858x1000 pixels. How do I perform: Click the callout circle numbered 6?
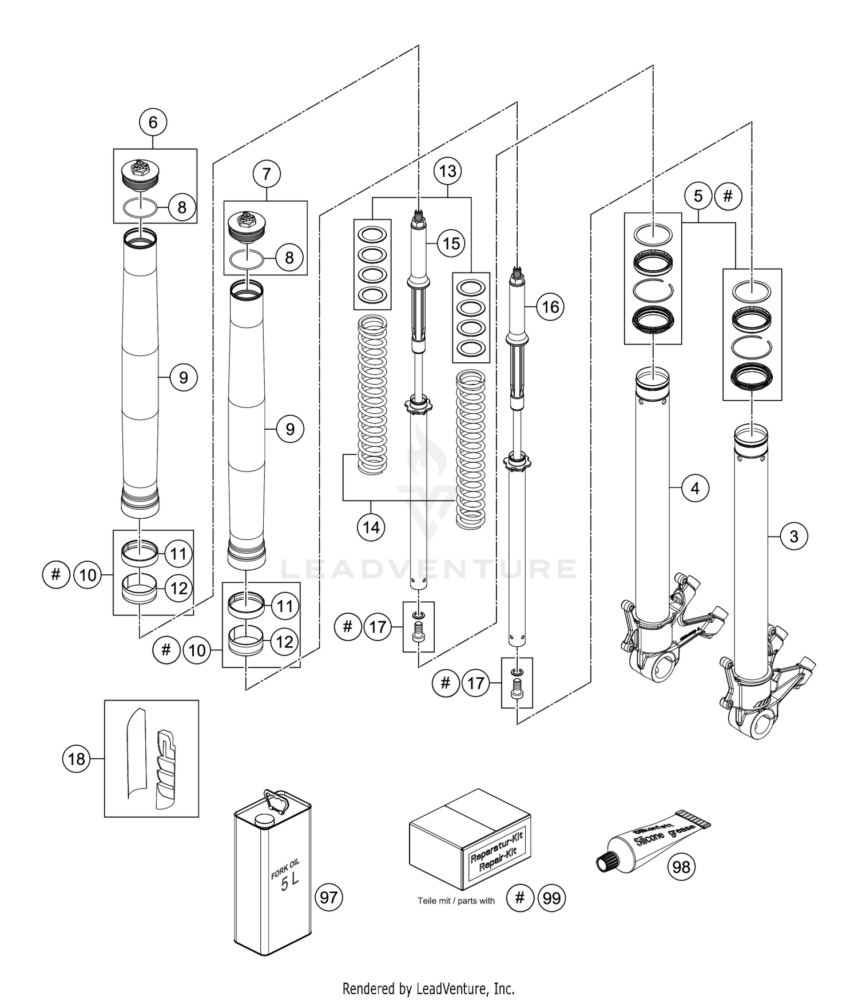pyautogui.click(x=153, y=122)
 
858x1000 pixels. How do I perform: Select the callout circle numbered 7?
pyautogui.click(x=267, y=174)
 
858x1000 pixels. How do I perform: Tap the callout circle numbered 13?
pyautogui.click(x=448, y=171)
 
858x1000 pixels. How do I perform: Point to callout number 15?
pyautogui.click(x=451, y=243)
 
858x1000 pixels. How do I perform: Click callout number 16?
pyautogui.click(x=550, y=307)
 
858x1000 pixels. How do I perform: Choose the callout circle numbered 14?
pyautogui.click(x=371, y=527)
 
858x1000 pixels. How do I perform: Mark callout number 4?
pyautogui.click(x=695, y=488)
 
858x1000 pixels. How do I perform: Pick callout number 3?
pyautogui.click(x=793, y=537)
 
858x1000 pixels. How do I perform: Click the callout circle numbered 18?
pyautogui.click(x=76, y=759)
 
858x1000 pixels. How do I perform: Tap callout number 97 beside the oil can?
pyautogui.click(x=328, y=897)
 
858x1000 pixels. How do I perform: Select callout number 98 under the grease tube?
pyautogui.click(x=681, y=867)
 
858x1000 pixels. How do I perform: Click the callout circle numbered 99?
pyautogui.click(x=551, y=898)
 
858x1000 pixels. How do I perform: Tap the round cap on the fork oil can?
pyautogui.click(x=264, y=821)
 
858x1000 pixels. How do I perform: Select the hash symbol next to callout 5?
pyautogui.click(x=728, y=197)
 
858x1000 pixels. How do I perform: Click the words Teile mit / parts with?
pyautogui.click(x=456, y=901)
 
